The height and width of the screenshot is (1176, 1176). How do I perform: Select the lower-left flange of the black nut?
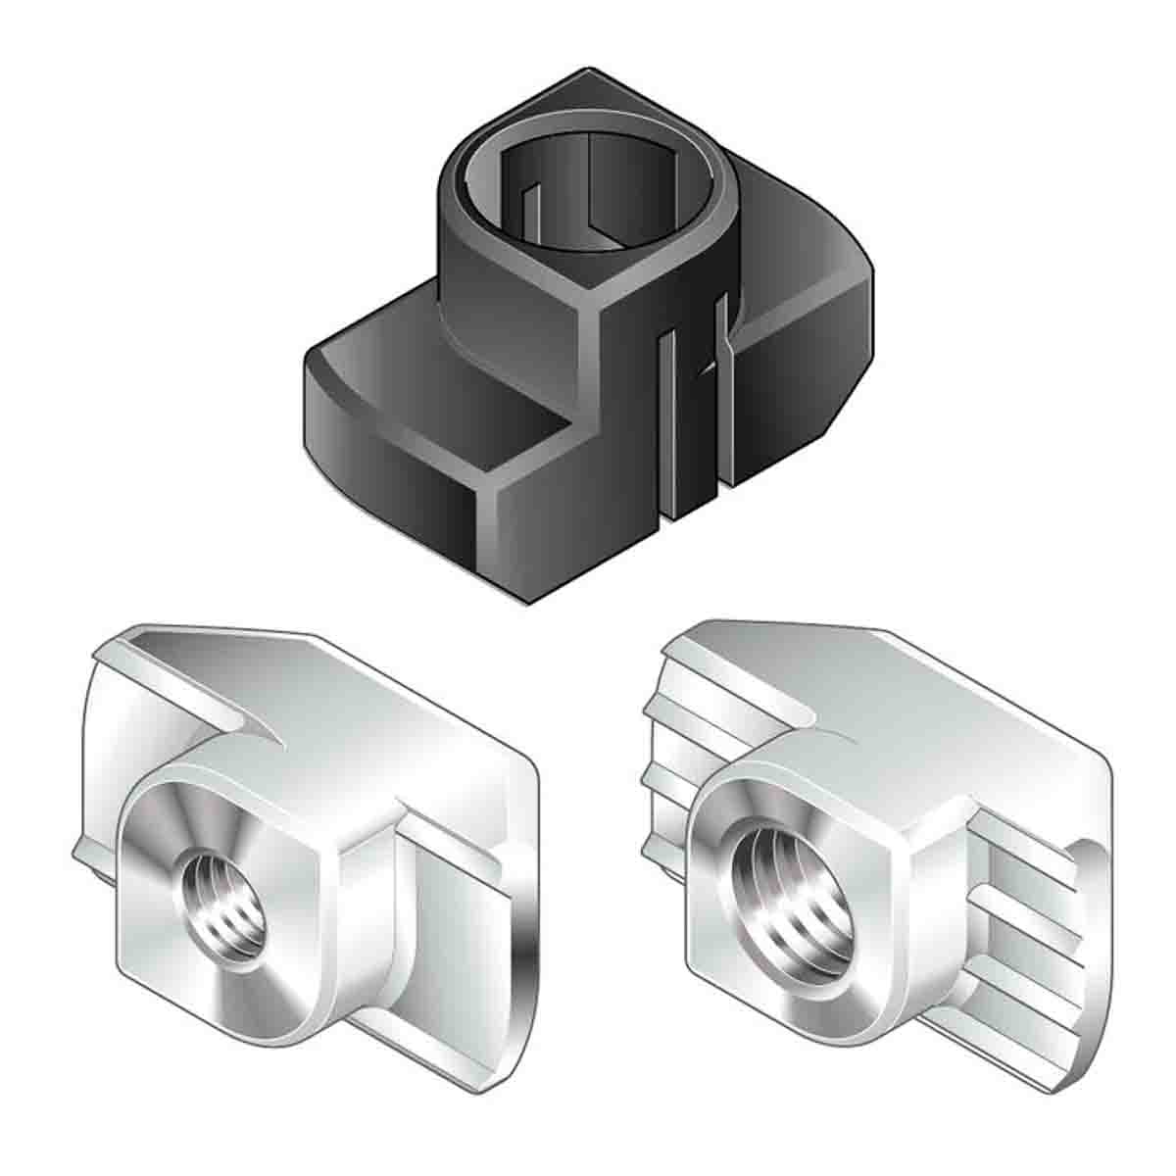pos(412,431)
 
